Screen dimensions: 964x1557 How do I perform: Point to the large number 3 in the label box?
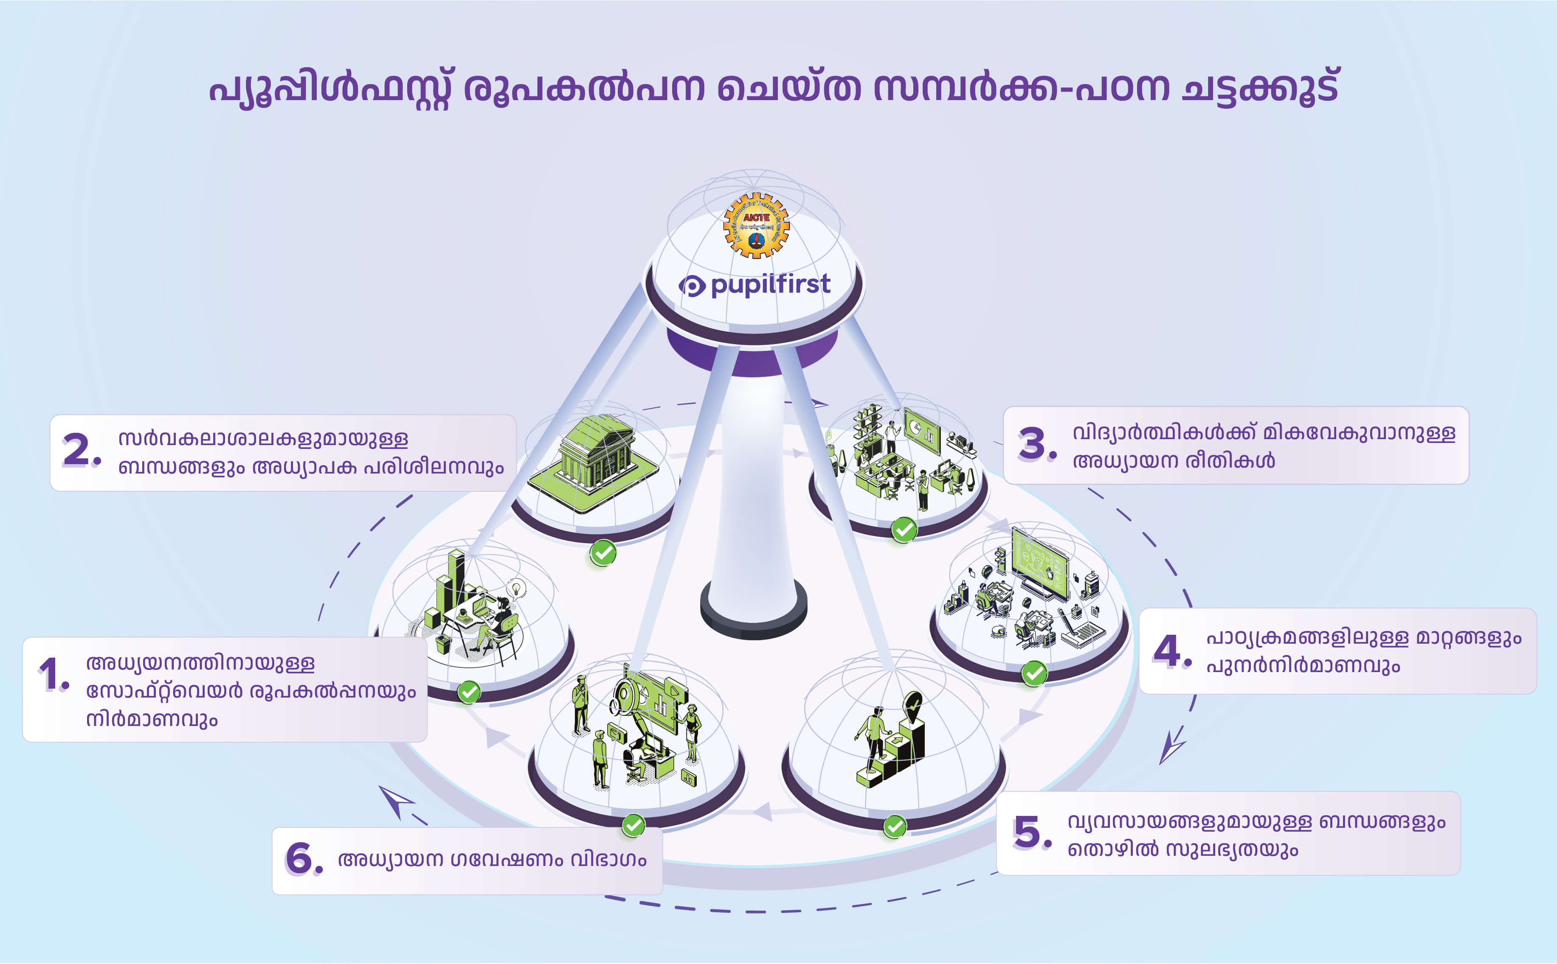(1033, 444)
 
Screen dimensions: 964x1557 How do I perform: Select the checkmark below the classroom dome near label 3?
(904, 529)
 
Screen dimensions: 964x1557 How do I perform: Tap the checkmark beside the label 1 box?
(469, 692)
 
